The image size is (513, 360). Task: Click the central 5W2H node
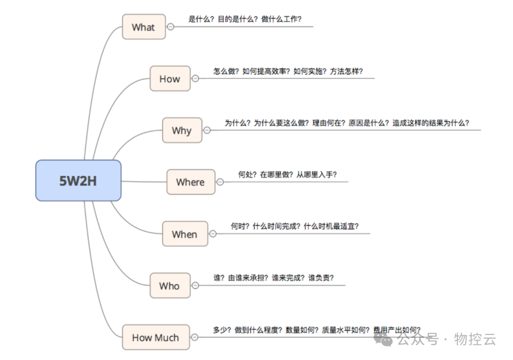click(78, 180)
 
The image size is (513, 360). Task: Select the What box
click(143, 27)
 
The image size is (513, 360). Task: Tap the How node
click(170, 79)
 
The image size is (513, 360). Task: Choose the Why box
click(182, 131)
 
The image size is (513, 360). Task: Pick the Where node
click(190, 182)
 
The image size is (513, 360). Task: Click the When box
click(185, 234)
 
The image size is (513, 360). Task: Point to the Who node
click(170, 286)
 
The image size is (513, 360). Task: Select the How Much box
click(155, 338)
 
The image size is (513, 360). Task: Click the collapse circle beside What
click(171, 27)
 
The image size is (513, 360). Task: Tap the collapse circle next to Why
click(207, 130)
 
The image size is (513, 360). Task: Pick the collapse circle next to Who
click(195, 285)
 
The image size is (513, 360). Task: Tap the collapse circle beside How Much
click(195, 337)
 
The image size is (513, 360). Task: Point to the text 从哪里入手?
click(317, 175)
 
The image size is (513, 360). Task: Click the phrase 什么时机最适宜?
click(331, 227)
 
